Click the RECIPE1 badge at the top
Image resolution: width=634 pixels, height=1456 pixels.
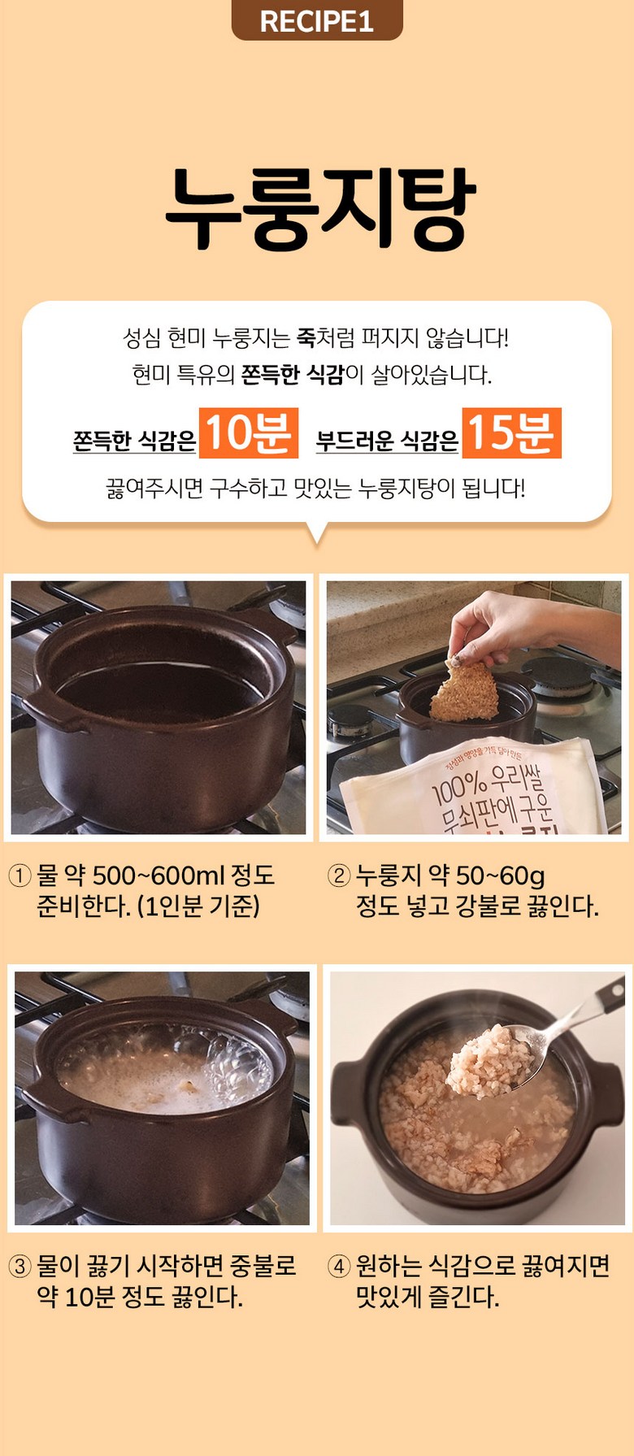point(317,20)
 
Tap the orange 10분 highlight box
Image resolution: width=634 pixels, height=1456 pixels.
point(248,432)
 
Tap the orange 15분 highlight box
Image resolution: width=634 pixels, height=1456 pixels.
point(511,432)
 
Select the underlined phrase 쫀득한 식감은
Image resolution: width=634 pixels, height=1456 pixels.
point(134,441)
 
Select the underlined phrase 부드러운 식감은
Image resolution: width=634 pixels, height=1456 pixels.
point(387,441)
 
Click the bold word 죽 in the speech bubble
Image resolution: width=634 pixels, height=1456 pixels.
point(306,337)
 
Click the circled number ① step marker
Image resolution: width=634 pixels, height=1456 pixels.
point(20,876)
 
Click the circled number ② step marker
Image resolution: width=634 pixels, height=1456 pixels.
point(338,876)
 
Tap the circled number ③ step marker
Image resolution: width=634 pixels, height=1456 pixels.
point(20,1267)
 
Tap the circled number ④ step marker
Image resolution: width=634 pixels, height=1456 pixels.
point(338,1267)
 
